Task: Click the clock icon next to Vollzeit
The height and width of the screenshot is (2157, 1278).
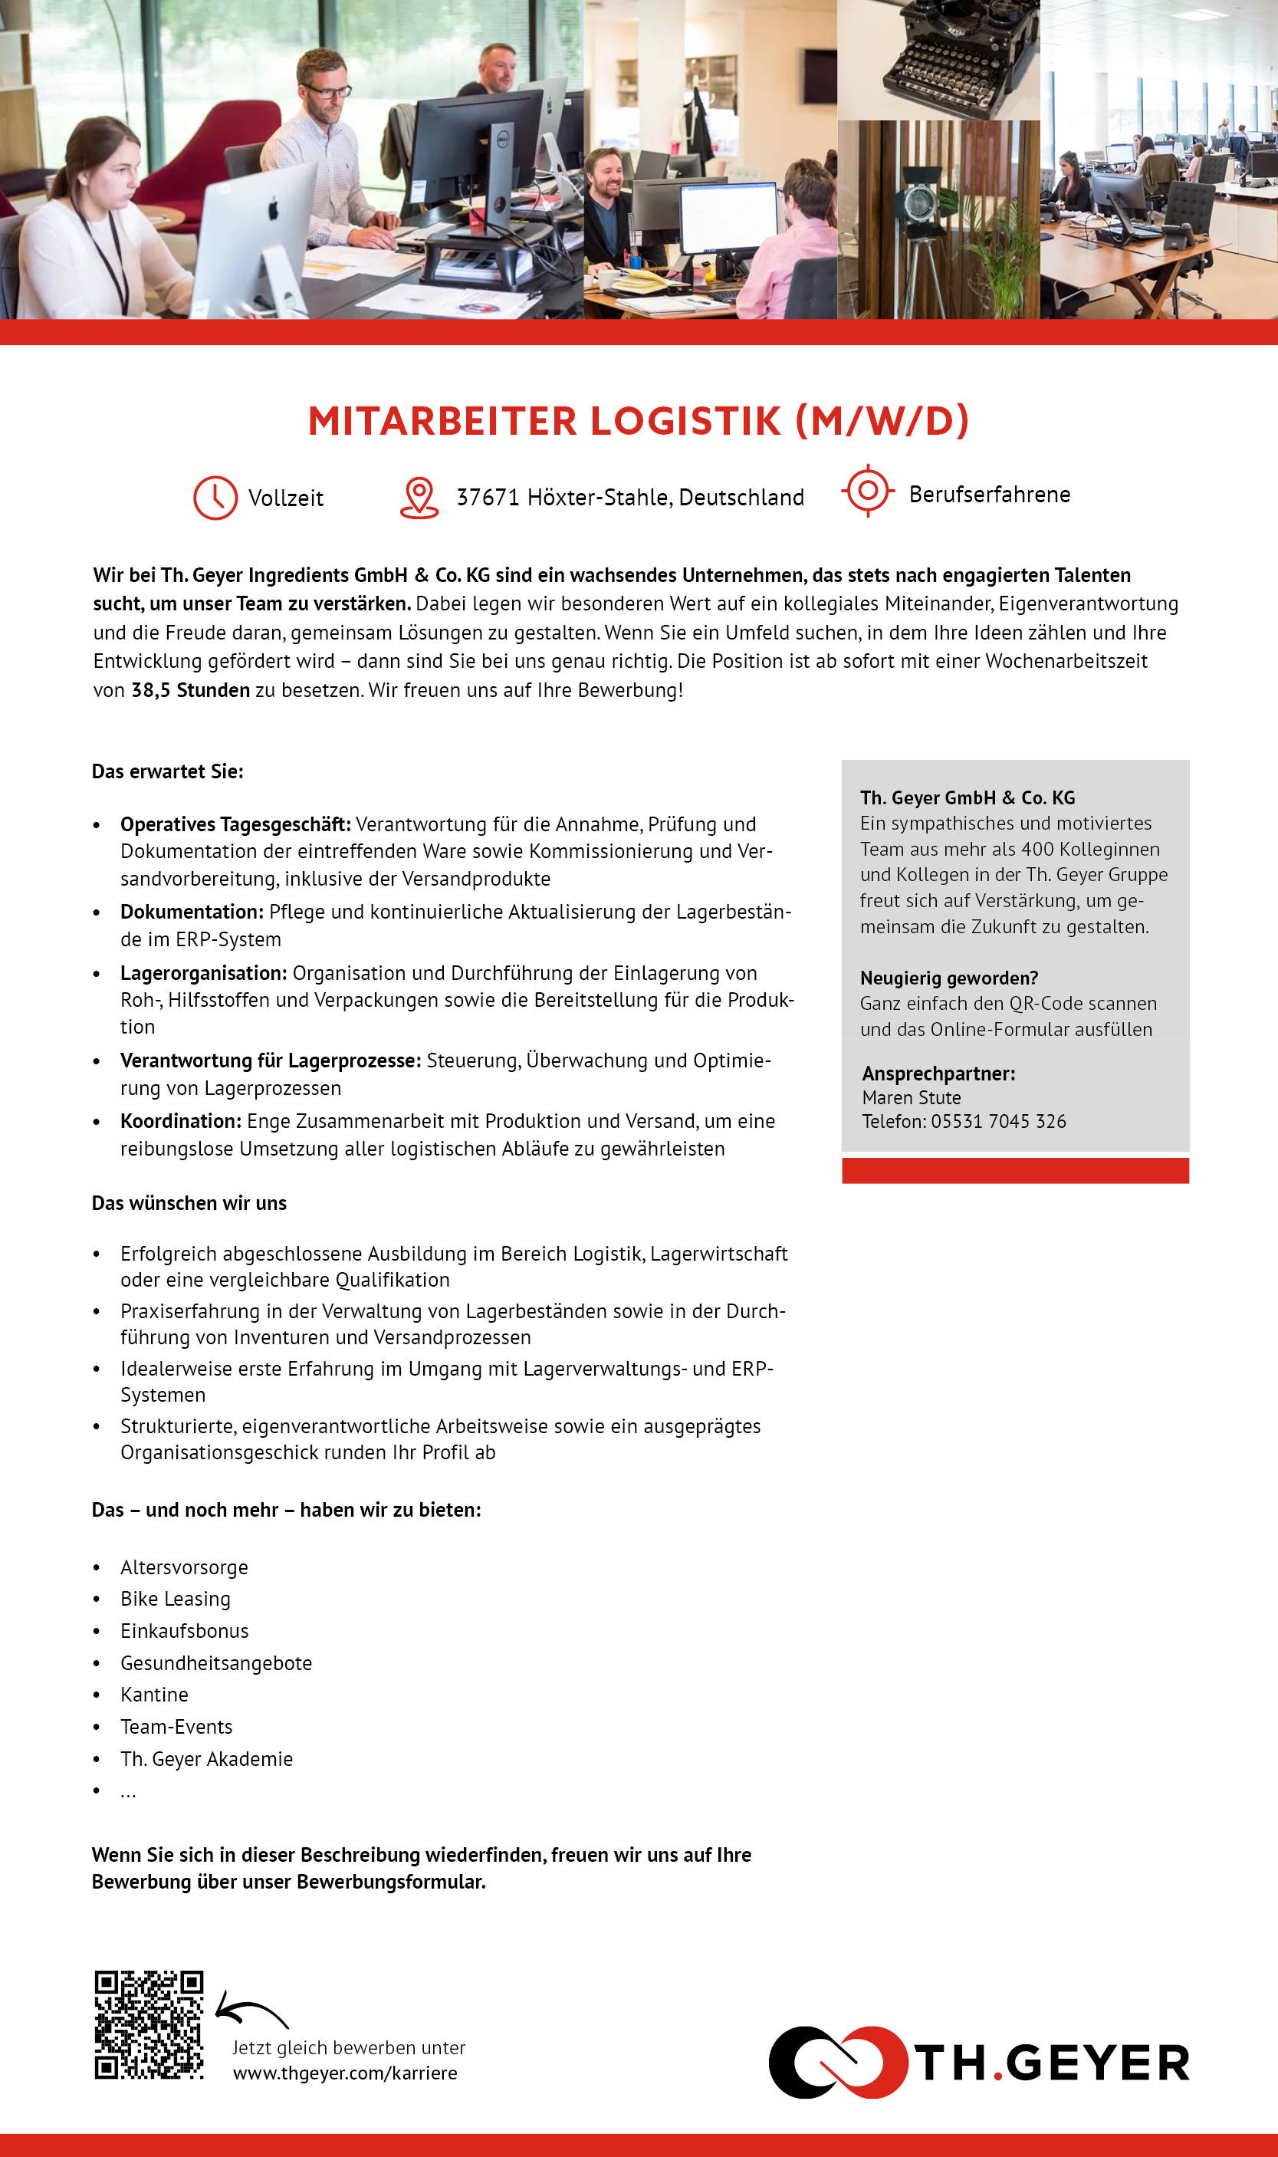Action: point(215,497)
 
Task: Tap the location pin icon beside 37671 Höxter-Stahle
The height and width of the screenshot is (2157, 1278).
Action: point(419,497)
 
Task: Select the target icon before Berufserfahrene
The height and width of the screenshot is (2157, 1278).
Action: point(868,491)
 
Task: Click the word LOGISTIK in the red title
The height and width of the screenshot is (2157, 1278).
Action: point(685,421)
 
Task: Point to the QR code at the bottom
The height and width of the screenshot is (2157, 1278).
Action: point(149,2024)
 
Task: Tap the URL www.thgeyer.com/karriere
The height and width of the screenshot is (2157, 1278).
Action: point(344,2073)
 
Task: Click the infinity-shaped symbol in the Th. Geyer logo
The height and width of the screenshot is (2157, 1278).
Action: point(837,2062)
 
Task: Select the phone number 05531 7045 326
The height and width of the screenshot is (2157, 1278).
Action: point(998,1121)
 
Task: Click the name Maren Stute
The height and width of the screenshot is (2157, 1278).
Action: point(911,1098)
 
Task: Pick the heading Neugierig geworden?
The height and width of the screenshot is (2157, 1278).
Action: point(948,978)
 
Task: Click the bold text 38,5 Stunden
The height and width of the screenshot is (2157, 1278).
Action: point(190,691)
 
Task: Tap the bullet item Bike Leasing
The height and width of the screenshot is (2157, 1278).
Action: point(176,1599)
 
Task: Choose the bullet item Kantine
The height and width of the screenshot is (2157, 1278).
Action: point(154,1695)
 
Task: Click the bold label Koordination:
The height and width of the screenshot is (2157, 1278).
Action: point(181,1121)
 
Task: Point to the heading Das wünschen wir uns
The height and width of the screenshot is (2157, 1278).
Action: point(189,1203)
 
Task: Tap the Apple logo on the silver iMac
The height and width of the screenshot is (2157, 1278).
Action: point(274,209)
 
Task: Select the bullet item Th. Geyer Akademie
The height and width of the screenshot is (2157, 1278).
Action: point(207,1759)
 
